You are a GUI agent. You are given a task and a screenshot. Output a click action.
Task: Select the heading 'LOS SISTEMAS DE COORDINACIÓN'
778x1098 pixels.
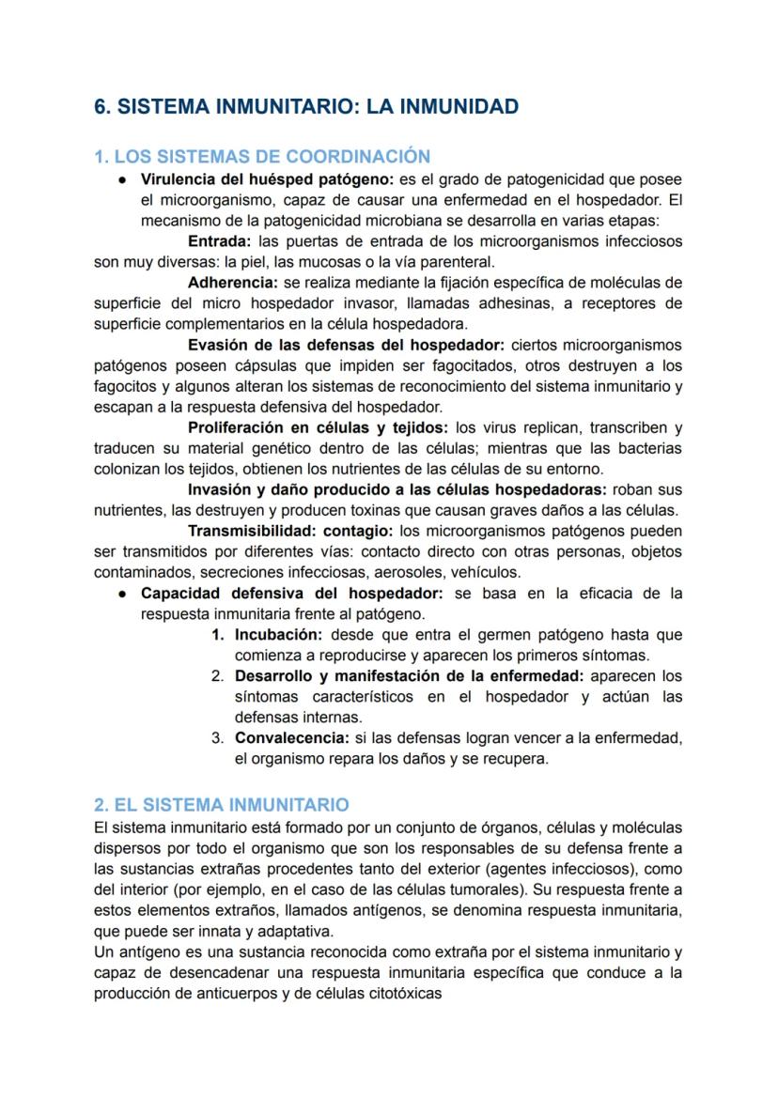tap(272, 157)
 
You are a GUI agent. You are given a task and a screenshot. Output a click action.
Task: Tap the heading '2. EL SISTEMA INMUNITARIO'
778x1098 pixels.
tap(222, 805)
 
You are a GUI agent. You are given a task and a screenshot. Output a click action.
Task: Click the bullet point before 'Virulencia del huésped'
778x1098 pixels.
tap(122, 179)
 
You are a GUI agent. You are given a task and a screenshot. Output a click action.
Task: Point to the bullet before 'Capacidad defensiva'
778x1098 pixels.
tap(122, 594)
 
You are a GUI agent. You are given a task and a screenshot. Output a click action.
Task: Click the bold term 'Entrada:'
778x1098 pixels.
tap(219, 241)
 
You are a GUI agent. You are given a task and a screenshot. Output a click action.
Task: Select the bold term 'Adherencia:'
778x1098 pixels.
tap(232, 283)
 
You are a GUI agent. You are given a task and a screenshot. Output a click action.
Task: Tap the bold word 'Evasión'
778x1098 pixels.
tap(218, 345)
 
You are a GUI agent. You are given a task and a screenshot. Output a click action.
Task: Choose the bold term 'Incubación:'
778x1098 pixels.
tap(278, 635)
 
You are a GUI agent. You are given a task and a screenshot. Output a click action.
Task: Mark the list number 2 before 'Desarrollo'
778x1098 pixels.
tap(217, 676)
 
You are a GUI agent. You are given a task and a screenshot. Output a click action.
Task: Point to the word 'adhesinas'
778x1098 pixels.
tap(505, 303)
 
